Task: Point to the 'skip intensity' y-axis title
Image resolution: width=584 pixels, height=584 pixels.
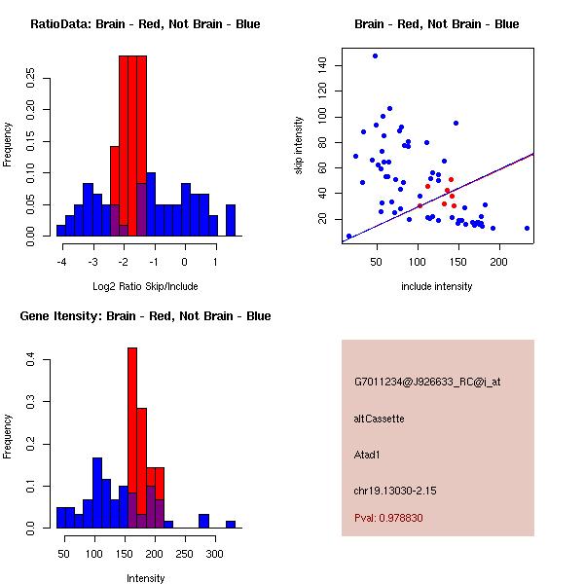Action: [300, 145]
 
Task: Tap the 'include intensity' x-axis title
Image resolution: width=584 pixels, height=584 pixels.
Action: [437, 286]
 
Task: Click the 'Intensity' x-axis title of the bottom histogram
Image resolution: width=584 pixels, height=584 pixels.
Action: [145, 578]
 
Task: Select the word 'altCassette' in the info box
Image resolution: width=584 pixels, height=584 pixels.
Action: [379, 419]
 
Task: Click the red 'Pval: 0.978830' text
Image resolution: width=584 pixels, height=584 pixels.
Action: [388, 519]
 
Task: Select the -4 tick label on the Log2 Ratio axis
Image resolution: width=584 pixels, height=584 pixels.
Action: [62, 260]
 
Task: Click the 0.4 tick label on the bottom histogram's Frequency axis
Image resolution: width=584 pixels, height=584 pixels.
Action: [32, 359]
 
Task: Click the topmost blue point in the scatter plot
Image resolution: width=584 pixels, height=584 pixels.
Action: [375, 56]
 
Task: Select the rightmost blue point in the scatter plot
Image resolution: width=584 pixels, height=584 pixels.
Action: [527, 228]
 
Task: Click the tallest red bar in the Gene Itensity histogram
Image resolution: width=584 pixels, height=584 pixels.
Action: [132, 438]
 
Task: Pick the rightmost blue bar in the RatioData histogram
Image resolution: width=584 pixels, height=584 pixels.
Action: [231, 220]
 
